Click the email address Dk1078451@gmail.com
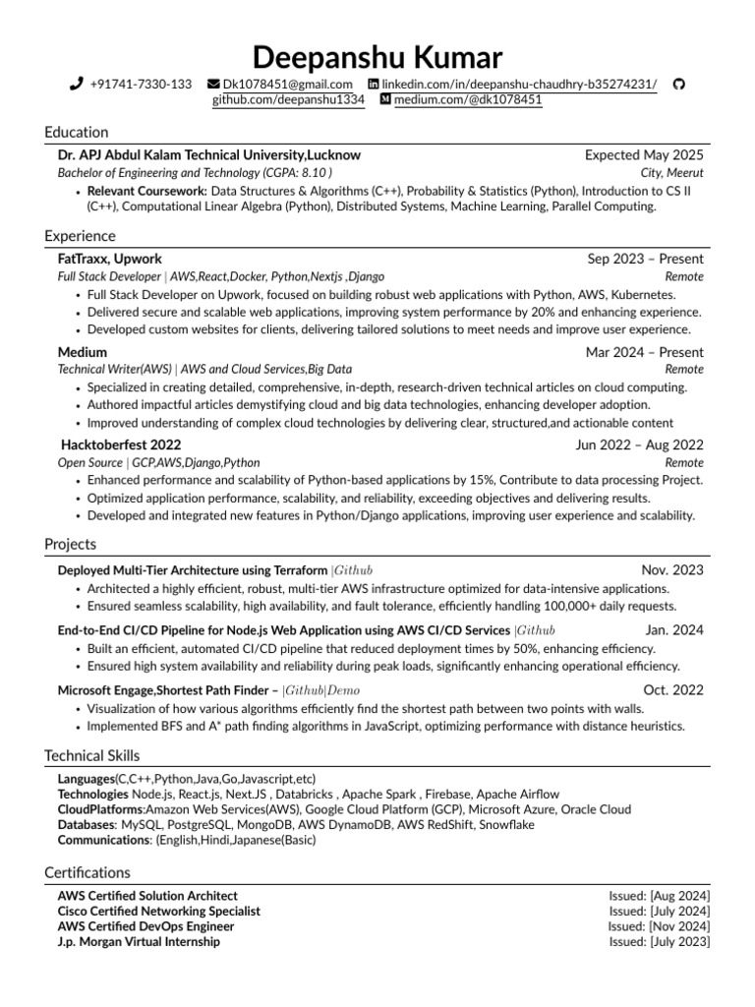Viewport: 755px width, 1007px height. (x=287, y=85)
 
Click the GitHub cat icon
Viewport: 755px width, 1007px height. (x=677, y=85)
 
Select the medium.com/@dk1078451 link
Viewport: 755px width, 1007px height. (x=467, y=100)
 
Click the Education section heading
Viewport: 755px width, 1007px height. (x=77, y=133)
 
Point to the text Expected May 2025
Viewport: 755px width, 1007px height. (x=644, y=155)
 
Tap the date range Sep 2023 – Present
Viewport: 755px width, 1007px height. (x=645, y=259)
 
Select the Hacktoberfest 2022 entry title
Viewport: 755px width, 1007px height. (x=121, y=444)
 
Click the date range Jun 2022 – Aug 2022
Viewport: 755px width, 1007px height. (x=639, y=444)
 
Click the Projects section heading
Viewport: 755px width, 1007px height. (x=71, y=545)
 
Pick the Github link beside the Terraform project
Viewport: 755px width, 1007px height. (x=353, y=570)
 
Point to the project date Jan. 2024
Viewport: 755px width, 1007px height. (x=674, y=630)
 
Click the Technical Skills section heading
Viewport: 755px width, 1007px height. (x=92, y=756)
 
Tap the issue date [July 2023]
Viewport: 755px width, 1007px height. (x=678, y=941)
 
